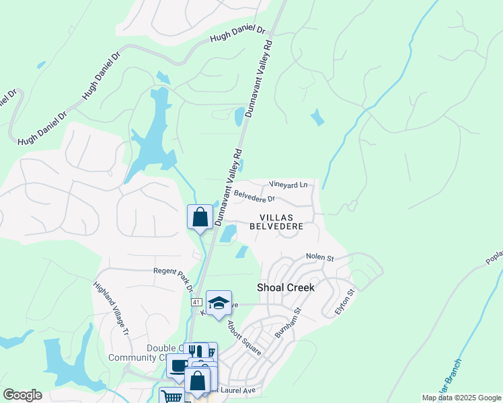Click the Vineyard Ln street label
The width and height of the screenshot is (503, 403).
click(288, 184)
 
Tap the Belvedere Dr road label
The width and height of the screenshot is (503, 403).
click(254, 197)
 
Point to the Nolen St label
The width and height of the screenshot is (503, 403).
click(319, 257)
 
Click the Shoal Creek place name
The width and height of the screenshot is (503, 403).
click(286, 287)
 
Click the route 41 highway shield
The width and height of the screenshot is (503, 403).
click(196, 303)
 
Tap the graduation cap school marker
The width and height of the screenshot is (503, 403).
click(219, 303)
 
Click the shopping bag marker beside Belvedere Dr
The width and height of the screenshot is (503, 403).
click(200, 217)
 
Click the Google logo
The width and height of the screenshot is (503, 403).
click(22, 395)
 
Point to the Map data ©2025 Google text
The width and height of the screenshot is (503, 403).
click(461, 398)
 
